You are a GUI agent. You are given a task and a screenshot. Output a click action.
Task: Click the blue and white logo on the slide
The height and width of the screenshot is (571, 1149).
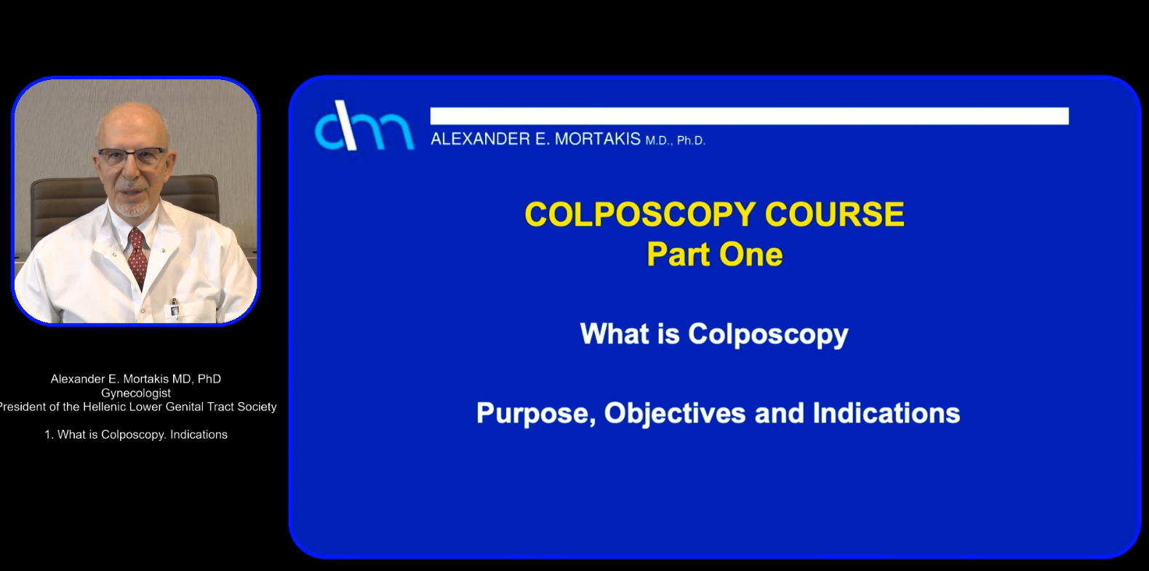[x=364, y=126]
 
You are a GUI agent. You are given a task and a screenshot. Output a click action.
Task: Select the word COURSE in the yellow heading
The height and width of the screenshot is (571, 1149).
[x=835, y=215]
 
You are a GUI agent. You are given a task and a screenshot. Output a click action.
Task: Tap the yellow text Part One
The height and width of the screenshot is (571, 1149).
[x=715, y=255]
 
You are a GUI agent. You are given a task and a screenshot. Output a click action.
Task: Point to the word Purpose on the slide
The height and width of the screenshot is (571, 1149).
[x=536, y=414]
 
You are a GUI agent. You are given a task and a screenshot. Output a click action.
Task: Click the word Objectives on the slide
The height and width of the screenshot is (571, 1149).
[x=675, y=413]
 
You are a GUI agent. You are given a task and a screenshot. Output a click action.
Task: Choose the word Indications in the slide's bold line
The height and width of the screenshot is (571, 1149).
[x=886, y=413]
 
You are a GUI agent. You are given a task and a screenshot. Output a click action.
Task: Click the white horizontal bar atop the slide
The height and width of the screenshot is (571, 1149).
[x=750, y=116]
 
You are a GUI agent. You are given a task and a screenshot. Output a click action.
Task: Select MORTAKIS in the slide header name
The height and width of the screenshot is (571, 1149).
[x=598, y=139]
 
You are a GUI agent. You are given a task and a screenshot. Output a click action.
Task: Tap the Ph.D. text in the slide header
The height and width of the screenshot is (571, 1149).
[x=691, y=140]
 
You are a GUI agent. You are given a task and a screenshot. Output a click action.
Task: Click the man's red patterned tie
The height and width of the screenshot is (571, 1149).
[x=137, y=257]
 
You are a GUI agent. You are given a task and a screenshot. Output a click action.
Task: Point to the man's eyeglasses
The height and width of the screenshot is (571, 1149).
[x=132, y=156]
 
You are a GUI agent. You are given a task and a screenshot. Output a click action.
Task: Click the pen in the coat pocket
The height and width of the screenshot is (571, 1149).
[x=175, y=308]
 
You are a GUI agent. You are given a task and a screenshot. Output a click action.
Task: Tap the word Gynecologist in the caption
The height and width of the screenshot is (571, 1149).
[x=136, y=393]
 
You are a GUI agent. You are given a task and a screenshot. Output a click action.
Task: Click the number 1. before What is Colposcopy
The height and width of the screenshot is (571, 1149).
[x=49, y=434]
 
